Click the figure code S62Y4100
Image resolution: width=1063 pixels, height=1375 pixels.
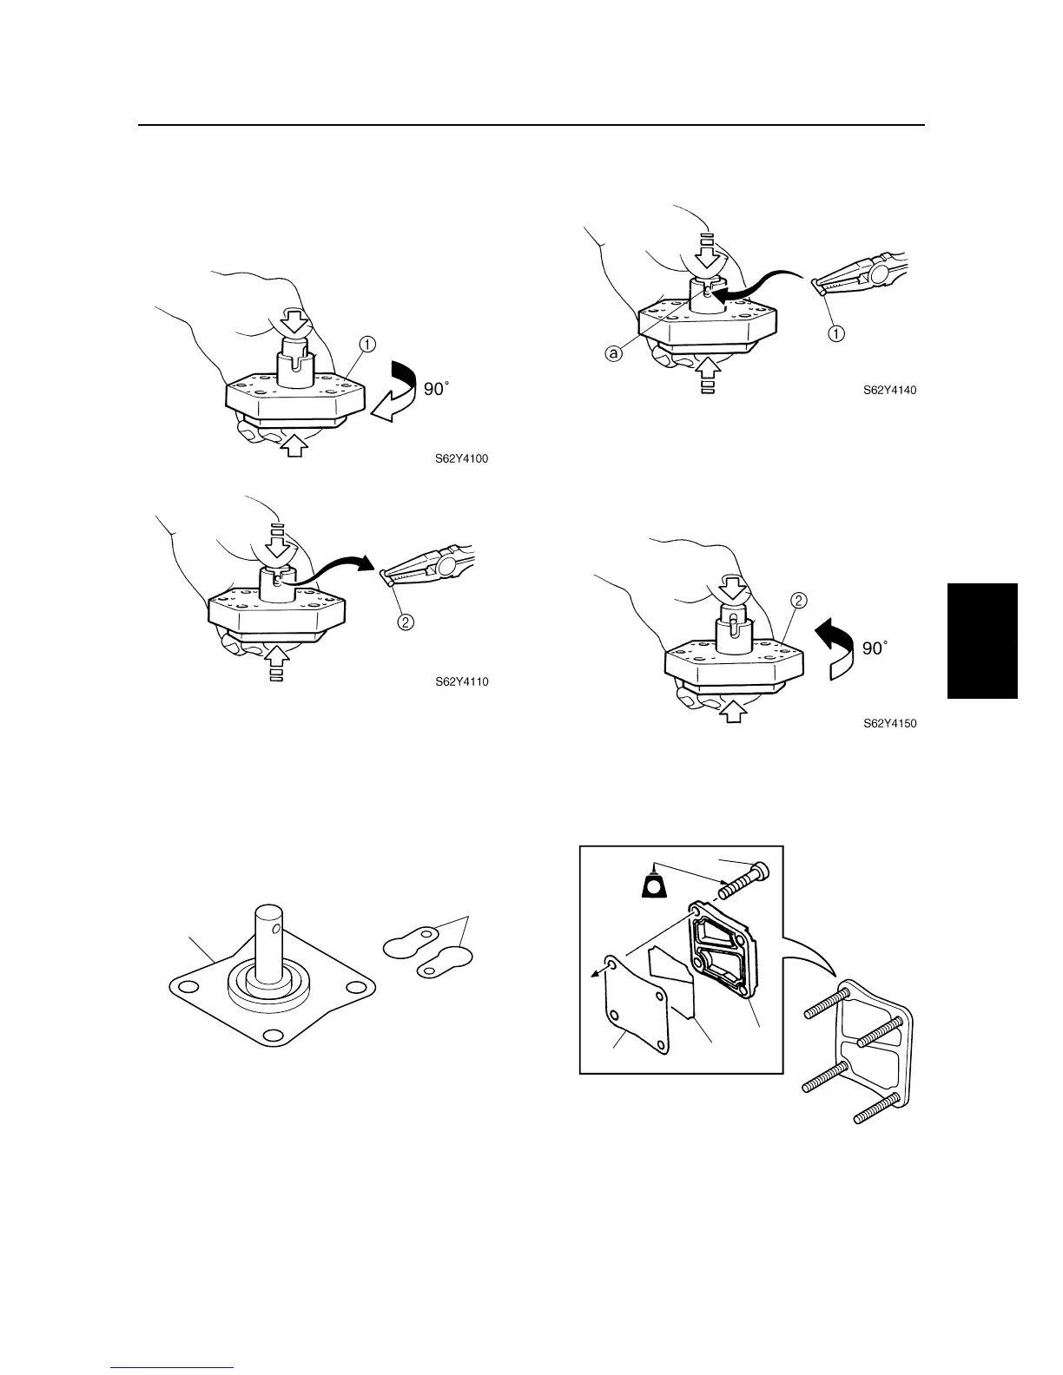coord(461,459)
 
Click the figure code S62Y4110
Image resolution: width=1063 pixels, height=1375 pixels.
coord(461,681)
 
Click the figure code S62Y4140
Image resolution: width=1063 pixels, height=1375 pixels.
coord(889,391)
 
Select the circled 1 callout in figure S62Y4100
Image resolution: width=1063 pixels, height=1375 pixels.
coord(367,344)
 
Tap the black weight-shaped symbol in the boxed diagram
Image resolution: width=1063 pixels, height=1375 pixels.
coord(656,884)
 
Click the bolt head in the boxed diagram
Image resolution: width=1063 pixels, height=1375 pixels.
coord(760,866)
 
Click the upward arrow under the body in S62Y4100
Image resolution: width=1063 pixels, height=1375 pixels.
coord(296,446)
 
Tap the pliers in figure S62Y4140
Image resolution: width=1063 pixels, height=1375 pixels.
coord(860,275)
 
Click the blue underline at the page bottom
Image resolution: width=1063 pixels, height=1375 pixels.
coord(173,1368)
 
